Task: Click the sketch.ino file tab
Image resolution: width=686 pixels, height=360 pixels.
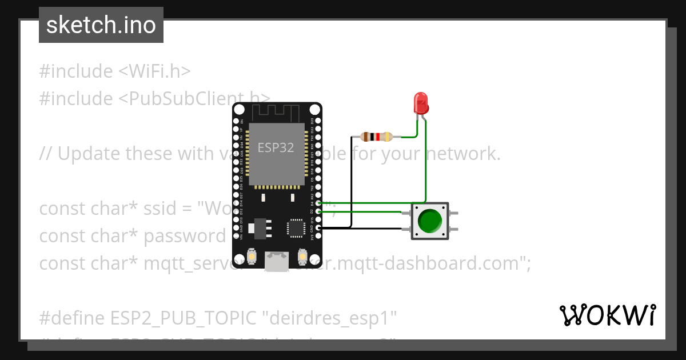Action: click(101, 25)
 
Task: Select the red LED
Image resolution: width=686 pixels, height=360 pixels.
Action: click(421, 103)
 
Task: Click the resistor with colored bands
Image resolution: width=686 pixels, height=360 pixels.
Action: click(377, 137)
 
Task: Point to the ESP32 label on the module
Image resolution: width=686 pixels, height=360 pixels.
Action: click(276, 147)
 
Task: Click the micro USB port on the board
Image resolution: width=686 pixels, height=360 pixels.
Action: click(277, 261)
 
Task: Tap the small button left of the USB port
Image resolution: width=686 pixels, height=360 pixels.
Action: click(252, 258)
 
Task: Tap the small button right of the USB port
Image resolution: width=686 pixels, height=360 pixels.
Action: click(302, 258)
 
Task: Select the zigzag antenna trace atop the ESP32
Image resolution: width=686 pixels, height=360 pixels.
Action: click(277, 113)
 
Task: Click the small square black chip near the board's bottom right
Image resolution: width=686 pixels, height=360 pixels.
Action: click(296, 227)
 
